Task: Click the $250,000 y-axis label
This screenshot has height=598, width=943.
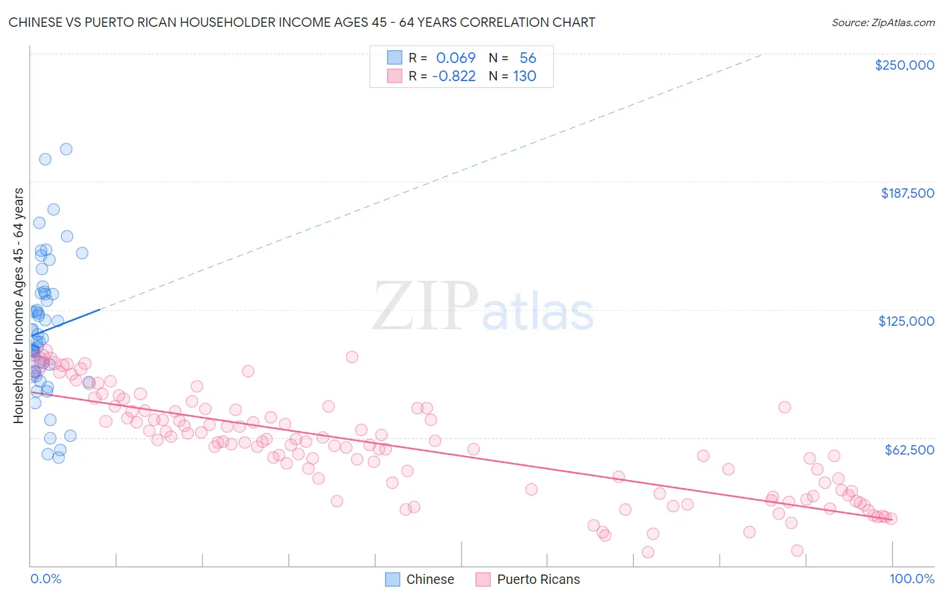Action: pyautogui.click(x=904, y=65)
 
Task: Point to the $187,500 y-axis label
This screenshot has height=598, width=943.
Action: pyautogui.click(x=907, y=193)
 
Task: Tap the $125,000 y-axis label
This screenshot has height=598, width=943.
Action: pyautogui.click(x=906, y=321)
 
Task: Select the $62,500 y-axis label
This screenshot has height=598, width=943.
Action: pyautogui.click(x=909, y=450)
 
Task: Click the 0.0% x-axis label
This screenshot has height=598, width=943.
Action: pyautogui.click(x=46, y=579)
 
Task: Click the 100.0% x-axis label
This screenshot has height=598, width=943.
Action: pyautogui.click(x=911, y=579)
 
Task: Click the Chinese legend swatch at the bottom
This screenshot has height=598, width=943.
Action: pyautogui.click(x=393, y=579)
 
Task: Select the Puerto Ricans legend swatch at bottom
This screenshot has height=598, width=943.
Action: pyautogui.click(x=484, y=579)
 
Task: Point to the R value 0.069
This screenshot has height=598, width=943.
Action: pyautogui.click(x=455, y=58)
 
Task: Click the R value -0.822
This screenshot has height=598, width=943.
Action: pyautogui.click(x=453, y=76)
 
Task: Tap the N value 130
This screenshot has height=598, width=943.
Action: pyautogui.click(x=524, y=76)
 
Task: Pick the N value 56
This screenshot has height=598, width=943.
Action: pyautogui.click(x=528, y=58)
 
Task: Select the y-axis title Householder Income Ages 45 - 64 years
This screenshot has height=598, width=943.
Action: pyautogui.click(x=18, y=306)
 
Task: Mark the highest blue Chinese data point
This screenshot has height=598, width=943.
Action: pyautogui.click(x=66, y=149)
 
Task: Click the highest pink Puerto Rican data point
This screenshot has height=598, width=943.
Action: pyautogui.click(x=352, y=357)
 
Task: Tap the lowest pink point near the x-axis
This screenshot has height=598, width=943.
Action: pyautogui.click(x=648, y=552)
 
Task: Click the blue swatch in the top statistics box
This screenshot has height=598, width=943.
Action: pyautogui.click(x=394, y=58)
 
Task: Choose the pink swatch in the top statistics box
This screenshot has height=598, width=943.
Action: pyautogui.click(x=394, y=76)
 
